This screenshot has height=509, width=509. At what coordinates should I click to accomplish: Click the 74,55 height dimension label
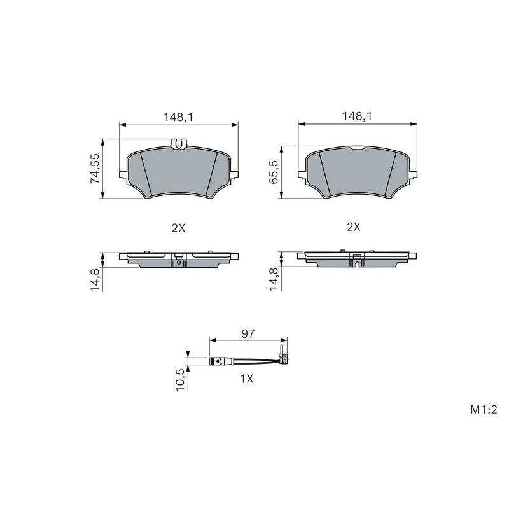coord(95,168)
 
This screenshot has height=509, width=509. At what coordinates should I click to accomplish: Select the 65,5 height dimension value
coord(274,172)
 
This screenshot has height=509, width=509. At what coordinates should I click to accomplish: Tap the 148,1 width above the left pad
coord(178,117)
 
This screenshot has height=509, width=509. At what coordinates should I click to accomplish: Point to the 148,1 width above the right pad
coord(358,116)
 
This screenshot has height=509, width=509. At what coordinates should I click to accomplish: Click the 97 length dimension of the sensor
coord(248,333)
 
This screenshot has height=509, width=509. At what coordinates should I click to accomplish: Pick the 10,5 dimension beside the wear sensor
coord(181,379)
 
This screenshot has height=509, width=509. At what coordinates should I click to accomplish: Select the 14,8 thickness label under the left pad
coord(95,279)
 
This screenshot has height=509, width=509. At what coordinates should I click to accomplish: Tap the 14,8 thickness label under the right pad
coord(274,279)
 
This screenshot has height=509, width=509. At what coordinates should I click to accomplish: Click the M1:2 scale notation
coord(484,410)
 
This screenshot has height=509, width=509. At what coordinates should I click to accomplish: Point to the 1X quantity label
coord(246,379)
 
